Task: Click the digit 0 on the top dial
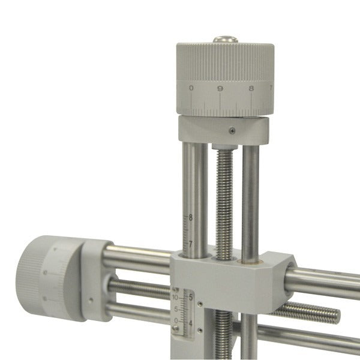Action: point(191,89)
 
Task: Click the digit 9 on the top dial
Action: point(220,89)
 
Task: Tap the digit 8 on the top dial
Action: point(251,89)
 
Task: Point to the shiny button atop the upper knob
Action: point(226,40)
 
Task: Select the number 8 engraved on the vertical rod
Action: point(190,218)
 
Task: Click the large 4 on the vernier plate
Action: point(191,324)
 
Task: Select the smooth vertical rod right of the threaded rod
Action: point(250,198)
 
